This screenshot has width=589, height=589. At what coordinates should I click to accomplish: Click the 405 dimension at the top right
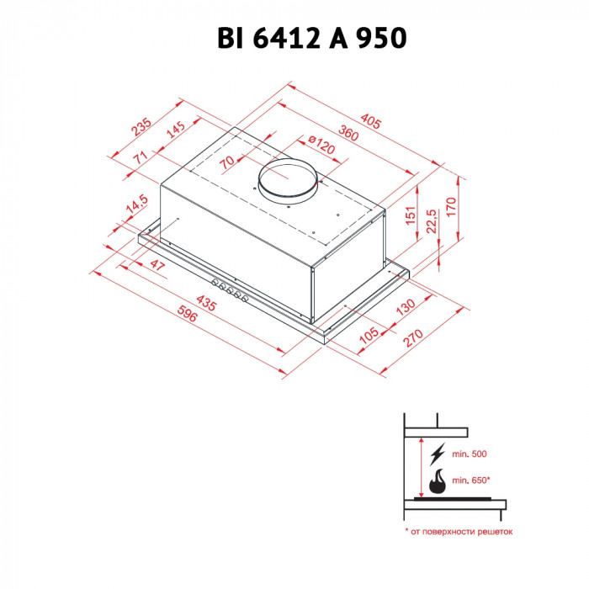pyautogui.click(x=369, y=119)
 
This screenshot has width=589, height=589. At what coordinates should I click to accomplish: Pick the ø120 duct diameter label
pyautogui.click(x=321, y=150)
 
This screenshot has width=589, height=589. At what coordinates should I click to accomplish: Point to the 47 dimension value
pyautogui.click(x=157, y=266)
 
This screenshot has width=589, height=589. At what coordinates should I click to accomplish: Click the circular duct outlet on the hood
pyautogui.click(x=289, y=180)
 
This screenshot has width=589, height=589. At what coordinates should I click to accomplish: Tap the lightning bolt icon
pyautogui.click(x=437, y=455)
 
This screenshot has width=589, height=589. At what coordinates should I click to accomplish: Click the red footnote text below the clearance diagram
pyautogui.click(x=458, y=532)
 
